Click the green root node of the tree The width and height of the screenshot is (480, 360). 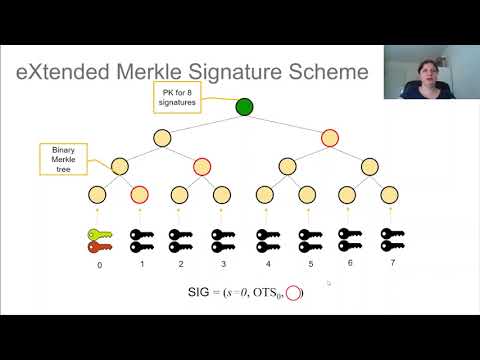click(x=244, y=106)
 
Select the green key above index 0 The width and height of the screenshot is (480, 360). click(x=99, y=234)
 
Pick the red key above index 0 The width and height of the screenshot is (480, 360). click(x=99, y=246)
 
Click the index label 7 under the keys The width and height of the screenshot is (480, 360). click(x=391, y=264)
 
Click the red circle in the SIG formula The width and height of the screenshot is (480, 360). click(x=293, y=293)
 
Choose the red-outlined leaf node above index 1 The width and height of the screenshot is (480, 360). click(x=139, y=194)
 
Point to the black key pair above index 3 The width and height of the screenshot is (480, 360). click(x=222, y=240)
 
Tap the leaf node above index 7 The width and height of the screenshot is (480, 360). click(x=391, y=194)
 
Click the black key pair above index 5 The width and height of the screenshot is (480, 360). click(x=306, y=240)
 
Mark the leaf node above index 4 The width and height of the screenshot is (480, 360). click(x=265, y=194)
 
